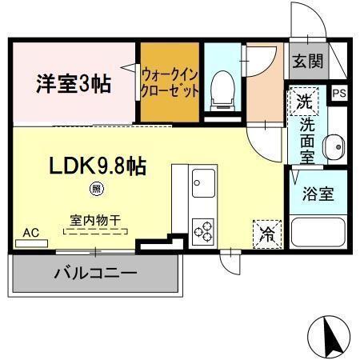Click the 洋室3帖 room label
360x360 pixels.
73,82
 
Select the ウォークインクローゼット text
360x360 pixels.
169,82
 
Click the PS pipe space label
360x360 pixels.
338,92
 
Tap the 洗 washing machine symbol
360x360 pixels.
302,102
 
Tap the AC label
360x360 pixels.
30,232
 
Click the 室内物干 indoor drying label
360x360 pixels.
94,218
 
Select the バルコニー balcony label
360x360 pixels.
94,273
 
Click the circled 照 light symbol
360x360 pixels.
96,190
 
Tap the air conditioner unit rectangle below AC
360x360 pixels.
30,242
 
